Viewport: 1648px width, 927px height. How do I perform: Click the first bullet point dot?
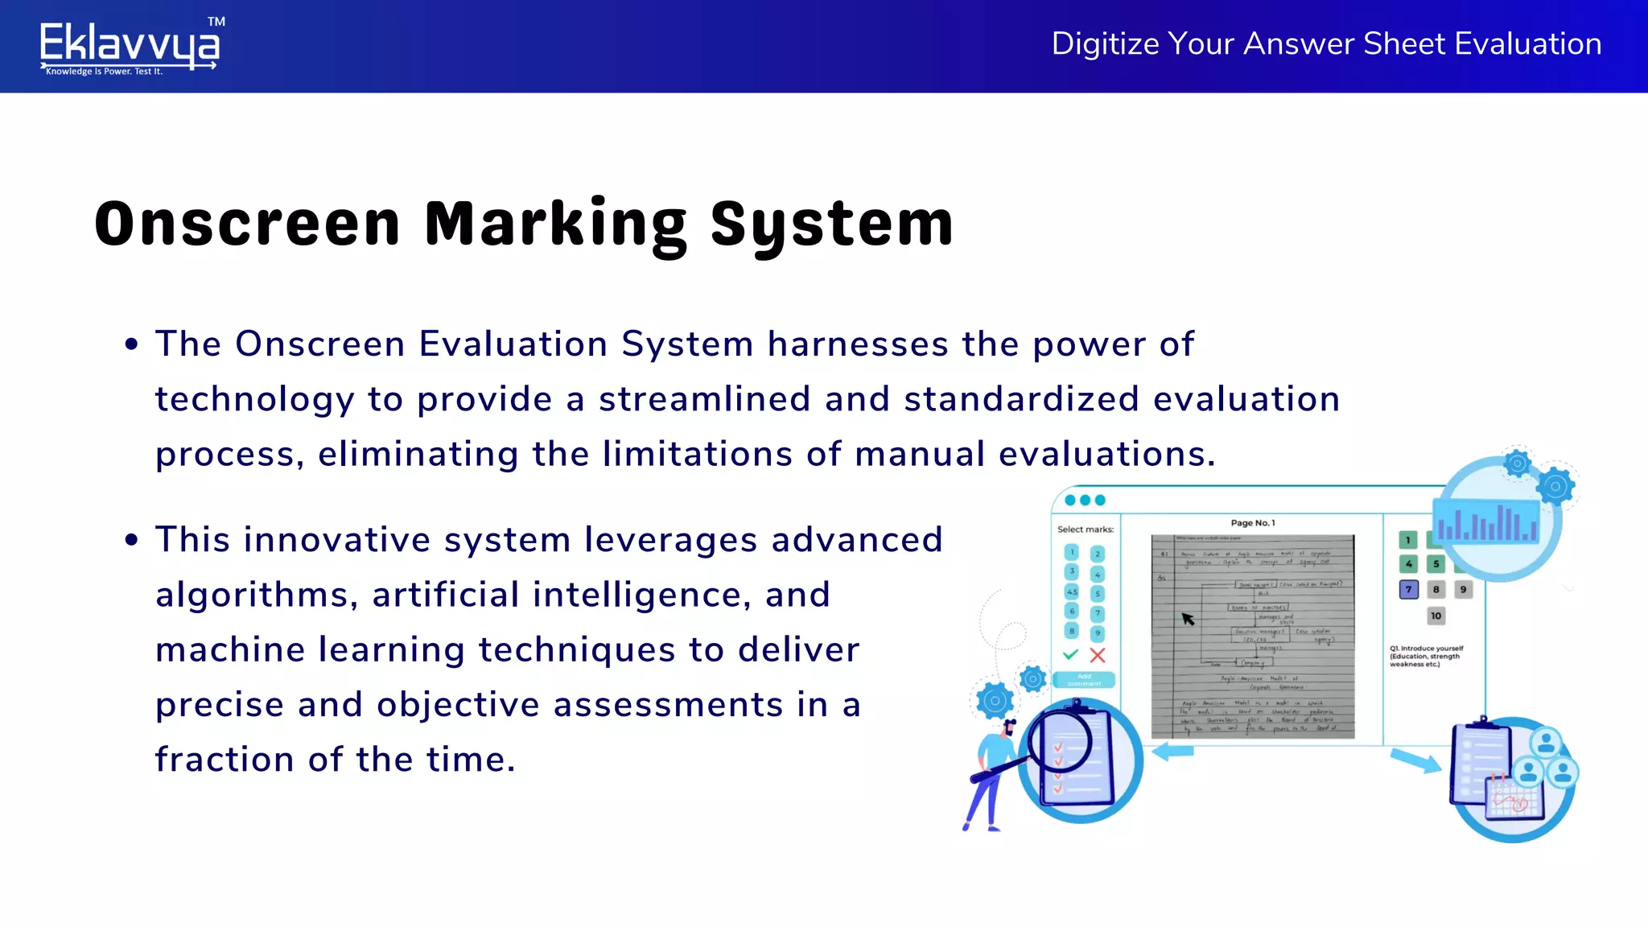click(x=132, y=345)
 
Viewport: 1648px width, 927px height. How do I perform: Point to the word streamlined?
click(x=704, y=399)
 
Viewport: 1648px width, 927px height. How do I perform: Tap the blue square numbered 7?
click(x=1408, y=590)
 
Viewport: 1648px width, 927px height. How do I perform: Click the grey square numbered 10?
click(x=1436, y=616)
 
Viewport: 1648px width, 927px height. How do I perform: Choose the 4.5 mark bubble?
click(x=1072, y=591)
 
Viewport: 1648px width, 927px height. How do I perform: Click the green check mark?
click(x=1070, y=654)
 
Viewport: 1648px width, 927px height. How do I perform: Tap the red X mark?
click(x=1098, y=655)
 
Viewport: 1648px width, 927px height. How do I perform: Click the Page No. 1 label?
click(x=1252, y=523)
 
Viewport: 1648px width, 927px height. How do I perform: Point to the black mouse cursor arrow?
click(x=1188, y=618)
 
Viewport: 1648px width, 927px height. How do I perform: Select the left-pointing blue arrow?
click(x=1172, y=752)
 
